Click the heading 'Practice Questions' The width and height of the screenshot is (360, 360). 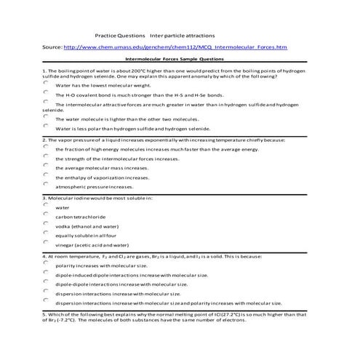point(121,34)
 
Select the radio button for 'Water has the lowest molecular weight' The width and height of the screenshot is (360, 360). point(45,84)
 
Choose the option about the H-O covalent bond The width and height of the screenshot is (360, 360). point(45,94)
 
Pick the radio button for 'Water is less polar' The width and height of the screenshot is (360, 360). point(45,127)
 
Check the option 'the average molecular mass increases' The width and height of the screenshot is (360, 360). point(45,166)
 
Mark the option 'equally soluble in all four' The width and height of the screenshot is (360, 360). point(45,234)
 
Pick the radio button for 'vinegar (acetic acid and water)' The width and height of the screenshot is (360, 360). point(45,244)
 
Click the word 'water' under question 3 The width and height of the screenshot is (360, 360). point(63,207)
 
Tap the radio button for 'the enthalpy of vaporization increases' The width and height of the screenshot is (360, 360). point(45,175)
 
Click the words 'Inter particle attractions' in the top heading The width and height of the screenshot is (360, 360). point(181,34)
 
